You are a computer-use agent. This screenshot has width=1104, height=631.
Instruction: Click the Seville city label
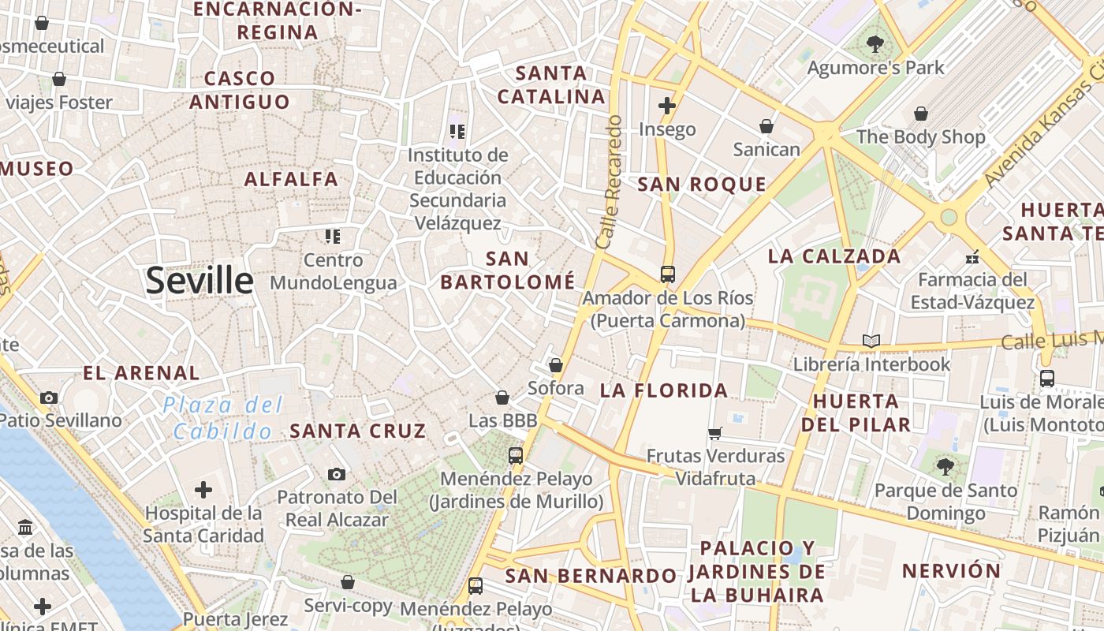click(x=200, y=280)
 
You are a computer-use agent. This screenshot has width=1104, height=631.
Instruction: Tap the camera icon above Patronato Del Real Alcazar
click(x=337, y=474)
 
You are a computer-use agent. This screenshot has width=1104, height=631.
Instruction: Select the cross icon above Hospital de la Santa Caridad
click(x=203, y=490)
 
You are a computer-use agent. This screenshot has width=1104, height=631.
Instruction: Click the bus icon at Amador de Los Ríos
click(x=668, y=274)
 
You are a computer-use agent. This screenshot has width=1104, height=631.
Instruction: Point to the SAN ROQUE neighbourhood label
click(x=701, y=185)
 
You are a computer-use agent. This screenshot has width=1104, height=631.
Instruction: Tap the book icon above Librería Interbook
click(x=871, y=341)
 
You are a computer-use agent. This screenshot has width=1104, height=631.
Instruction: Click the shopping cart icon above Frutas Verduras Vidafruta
click(x=715, y=432)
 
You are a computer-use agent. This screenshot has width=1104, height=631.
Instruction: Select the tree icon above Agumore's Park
click(x=875, y=43)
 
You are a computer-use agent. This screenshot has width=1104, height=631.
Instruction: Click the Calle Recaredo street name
click(x=610, y=183)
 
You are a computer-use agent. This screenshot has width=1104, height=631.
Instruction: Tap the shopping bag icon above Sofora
click(x=556, y=365)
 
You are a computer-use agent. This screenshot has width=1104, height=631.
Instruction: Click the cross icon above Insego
click(x=667, y=105)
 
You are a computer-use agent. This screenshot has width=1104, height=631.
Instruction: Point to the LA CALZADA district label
click(x=834, y=256)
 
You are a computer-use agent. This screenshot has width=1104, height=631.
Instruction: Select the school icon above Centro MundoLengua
click(x=333, y=236)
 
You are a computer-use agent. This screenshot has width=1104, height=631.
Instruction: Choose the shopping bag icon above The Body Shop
click(x=920, y=114)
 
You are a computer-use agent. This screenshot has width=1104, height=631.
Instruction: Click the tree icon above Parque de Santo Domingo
click(x=945, y=467)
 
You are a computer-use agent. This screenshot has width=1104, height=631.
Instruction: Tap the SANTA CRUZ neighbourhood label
click(x=358, y=431)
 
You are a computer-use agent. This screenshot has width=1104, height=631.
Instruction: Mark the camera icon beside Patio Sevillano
click(x=49, y=398)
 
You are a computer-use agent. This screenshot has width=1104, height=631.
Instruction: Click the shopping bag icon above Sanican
click(x=766, y=126)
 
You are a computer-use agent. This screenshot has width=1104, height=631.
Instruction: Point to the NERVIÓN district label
click(x=951, y=571)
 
